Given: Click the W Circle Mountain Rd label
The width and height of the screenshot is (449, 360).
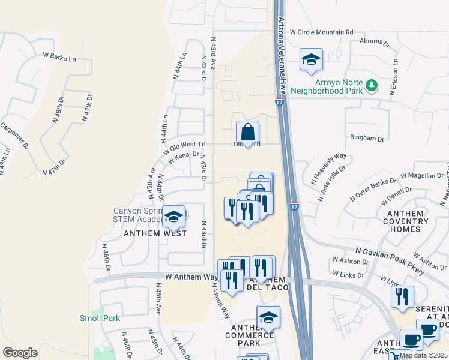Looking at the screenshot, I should click(x=322, y=32).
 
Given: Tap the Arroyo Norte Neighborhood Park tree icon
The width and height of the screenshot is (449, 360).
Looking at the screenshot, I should click(x=372, y=86).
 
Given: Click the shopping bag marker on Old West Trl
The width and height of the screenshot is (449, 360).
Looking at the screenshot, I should click(x=247, y=132).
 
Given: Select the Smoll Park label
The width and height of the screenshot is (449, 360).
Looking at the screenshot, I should click(x=100, y=318).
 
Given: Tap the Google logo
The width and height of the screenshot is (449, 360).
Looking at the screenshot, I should click(x=20, y=352).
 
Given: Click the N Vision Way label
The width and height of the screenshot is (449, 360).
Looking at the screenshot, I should click(x=219, y=300).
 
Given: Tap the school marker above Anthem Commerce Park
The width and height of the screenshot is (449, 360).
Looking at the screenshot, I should click(x=268, y=317).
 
